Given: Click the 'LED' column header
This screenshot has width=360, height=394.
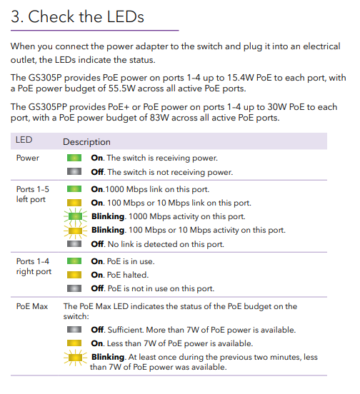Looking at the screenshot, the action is pyautogui.click(x=24, y=141).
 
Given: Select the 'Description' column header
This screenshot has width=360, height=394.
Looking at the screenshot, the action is pyautogui.click(x=86, y=142).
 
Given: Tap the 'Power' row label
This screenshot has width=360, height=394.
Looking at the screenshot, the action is pyautogui.click(x=28, y=158).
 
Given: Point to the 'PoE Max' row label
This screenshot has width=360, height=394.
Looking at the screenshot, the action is pyautogui.click(x=32, y=305).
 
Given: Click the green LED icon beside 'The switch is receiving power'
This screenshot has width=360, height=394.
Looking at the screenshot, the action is pyautogui.click(x=74, y=158).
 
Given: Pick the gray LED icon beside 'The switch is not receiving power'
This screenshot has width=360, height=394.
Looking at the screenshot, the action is pyautogui.click(x=74, y=172).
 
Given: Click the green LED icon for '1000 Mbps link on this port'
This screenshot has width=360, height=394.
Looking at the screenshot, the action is pyautogui.click(x=74, y=189).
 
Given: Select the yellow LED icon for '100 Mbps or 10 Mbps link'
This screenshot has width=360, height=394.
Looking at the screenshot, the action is pyautogui.click(x=74, y=203).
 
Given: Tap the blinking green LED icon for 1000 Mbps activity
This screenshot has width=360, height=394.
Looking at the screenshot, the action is pyautogui.click(x=74, y=216).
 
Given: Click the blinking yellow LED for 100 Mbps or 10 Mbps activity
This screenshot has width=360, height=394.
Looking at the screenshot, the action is pyautogui.click(x=74, y=230).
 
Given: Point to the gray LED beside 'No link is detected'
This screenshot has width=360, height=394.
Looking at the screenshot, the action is pyautogui.click(x=74, y=244).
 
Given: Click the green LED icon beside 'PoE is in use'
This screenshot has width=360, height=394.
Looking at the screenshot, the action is pyautogui.click(x=74, y=261).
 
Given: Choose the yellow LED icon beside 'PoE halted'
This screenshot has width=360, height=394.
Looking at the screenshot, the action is pyautogui.click(x=74, y=275).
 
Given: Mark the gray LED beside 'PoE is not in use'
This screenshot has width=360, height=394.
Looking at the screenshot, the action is pyautogui.click(x=74, y=288).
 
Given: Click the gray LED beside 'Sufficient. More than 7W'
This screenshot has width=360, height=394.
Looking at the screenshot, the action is pyautogui.click(x=74, y=330).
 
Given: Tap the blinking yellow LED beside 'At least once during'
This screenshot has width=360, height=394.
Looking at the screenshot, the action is pyautogui.click(x=74, y=358).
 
